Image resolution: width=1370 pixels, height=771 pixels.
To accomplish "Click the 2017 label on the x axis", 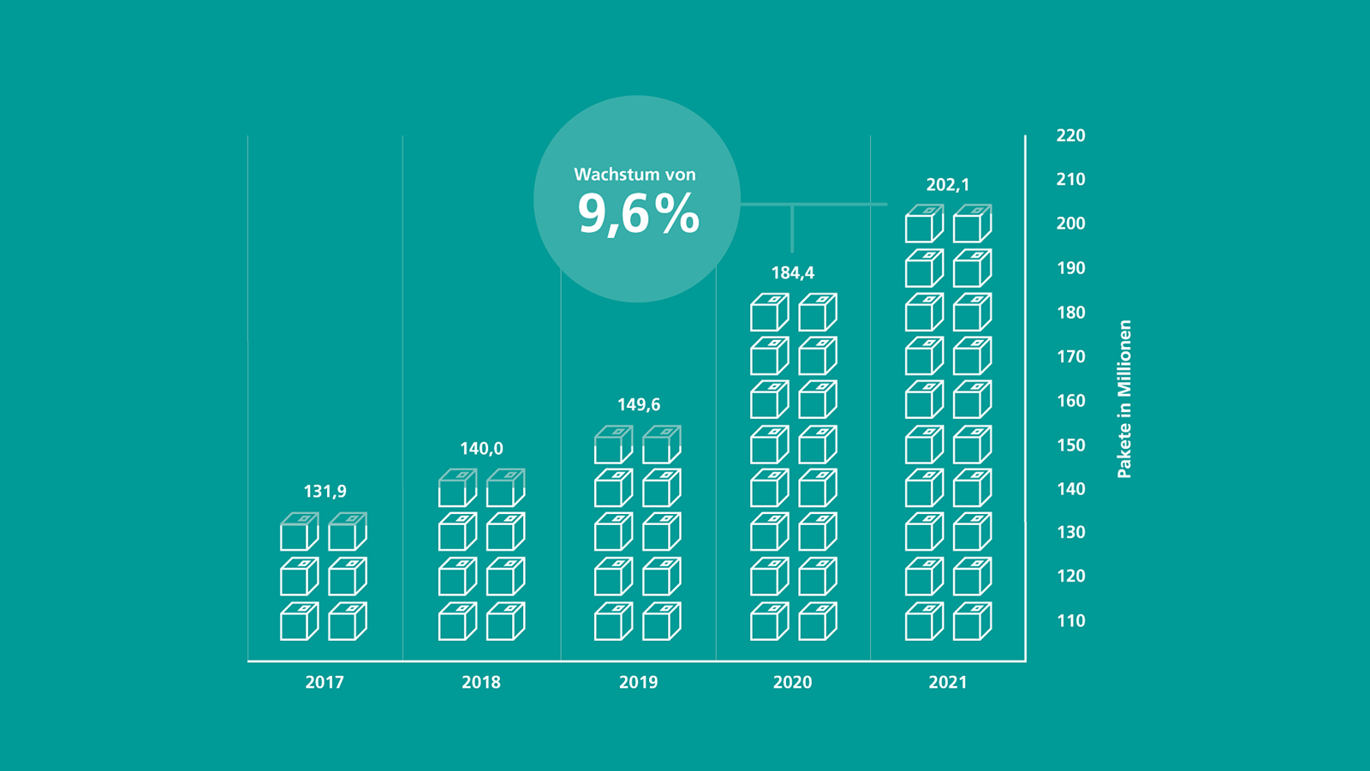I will coord(325,683).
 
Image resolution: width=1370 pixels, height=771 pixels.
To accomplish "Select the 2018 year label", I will coord(481,683).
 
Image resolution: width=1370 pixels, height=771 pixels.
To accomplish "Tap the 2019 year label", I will coord(638,683).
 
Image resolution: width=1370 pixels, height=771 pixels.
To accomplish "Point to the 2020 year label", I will coord(792,683).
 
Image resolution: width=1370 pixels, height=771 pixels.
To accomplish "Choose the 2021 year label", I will coord(948,683).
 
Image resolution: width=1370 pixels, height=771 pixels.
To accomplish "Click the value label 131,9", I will coord(325,492).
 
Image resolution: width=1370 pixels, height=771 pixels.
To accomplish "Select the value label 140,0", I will coord(481,449).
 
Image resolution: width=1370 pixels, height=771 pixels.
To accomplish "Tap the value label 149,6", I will coord(639,404).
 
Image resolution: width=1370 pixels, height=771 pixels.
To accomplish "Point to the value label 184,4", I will coord(793,273).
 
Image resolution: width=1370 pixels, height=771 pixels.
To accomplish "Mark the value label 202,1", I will coord(948,185).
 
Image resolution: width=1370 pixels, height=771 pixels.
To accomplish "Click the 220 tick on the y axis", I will coord(1070,135).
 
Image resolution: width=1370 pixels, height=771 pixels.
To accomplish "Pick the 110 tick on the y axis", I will coord(1070,621).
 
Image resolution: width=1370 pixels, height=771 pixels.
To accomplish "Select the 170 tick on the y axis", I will coord(1070,356).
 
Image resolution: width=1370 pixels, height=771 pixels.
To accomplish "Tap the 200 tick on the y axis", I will coord(1070,224).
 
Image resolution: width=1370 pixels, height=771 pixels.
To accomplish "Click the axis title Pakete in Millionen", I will coord(1124,399).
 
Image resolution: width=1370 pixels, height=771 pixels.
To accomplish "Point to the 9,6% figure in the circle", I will coord(638,214).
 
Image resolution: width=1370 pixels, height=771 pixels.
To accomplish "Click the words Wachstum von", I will coord(634,175).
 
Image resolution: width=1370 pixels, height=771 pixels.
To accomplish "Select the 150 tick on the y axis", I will coord(1070,445).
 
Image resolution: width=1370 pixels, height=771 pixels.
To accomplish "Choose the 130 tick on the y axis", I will coord(1070,533).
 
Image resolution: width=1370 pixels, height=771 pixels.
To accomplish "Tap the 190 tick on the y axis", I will coord(1070,268).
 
